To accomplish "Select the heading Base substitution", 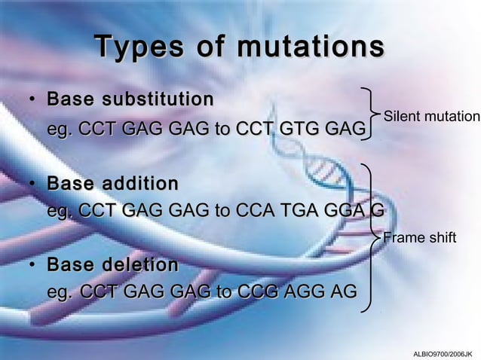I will click(x=129, y=99).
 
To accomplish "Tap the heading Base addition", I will click(x=112, y=184).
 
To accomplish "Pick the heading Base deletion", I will click(x=112, y=265).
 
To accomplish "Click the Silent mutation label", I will click(x=431, y=117).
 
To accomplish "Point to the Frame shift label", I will click(x=420, y=238).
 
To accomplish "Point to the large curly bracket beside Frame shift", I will click(x=372, y=236).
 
